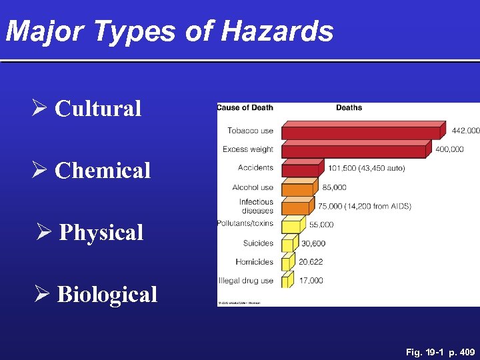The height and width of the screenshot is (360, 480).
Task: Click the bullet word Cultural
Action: [x=98, y=109]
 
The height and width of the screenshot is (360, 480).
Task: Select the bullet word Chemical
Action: [x=103, y=171]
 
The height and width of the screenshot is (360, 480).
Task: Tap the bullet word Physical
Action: [x=101, y=233]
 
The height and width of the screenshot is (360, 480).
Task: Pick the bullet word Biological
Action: [x=107, y=295]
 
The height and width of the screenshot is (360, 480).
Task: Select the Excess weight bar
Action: [x=354, y=151]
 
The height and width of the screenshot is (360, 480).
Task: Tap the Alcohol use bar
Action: [x=297, y=189]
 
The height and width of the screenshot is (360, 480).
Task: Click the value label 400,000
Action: [x=450, y=149]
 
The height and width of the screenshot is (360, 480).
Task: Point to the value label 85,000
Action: [x=333, y=188]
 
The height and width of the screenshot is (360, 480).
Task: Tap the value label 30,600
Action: [x=313, y=244]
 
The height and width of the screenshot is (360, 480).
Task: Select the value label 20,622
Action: [x=311, y=262]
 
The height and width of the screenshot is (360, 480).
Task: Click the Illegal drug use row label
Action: [x=246, y=281]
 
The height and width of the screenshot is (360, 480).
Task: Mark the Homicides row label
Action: [x=254, y=262]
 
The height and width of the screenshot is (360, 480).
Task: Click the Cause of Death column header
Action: [x=245, y=108]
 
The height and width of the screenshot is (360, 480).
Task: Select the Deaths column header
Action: [x=349, y=108]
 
